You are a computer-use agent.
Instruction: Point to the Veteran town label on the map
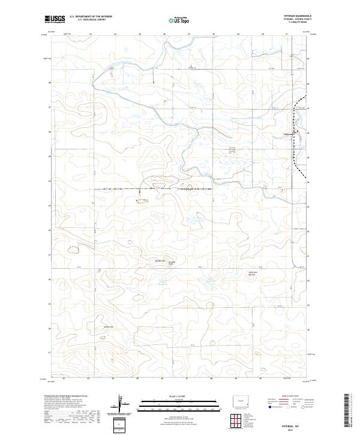click(286, 133)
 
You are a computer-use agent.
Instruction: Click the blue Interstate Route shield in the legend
click(268, 406)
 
